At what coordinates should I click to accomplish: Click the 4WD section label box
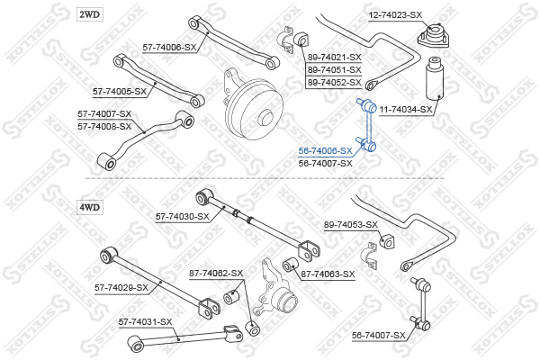coord(90,207)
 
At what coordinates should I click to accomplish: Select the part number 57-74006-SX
coord(169,48)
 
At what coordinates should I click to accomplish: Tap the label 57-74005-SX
coord(121,92)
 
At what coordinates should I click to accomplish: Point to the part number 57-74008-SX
coord(103,126)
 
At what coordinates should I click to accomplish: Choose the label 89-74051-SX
coord(334,69)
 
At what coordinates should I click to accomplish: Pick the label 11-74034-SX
coord(406,110)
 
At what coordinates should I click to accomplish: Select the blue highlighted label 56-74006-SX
coord(325,151)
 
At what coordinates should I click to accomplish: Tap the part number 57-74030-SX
coord(183,216)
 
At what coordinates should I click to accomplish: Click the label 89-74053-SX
coord(351,225)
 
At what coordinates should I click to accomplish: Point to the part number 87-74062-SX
coord(216,273)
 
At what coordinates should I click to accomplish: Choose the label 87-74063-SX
coord(328,274)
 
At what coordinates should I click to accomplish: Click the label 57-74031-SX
coord(145,321)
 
